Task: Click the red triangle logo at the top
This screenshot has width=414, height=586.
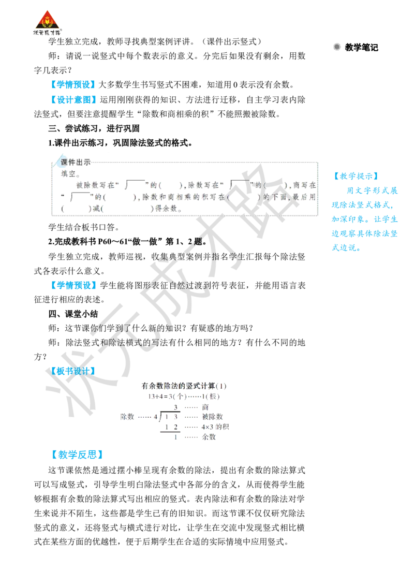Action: (x=47, y=20)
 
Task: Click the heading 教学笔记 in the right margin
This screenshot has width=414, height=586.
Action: (x=361, y=48)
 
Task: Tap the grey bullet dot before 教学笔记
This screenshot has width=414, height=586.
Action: (x=337, y=47)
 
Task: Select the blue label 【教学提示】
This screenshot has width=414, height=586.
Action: (x=356, y=176)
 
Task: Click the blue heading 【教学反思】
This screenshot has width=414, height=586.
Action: (x=77, y=455)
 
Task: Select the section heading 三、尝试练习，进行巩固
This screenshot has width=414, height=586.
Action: (x=94, y=128)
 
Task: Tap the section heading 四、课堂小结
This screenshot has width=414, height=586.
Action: (x=73, y=314)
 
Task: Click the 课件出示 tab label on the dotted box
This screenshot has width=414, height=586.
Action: (x=76, y=162)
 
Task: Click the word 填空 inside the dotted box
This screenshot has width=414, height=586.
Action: (x=68, y=174)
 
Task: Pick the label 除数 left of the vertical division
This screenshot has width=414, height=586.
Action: (x=127, y=417)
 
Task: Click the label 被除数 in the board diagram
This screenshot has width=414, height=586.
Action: (x=212, y=417)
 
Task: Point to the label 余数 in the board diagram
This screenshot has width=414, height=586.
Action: (x=209, y=437)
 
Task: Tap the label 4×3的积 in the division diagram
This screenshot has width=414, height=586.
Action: (x=215, y=427)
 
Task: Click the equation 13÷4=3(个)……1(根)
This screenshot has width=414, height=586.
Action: (x=184, y=396)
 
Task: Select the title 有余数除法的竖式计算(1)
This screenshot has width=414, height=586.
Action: (x=184, y=386)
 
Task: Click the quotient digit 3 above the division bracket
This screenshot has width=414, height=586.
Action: (x=175, y=407)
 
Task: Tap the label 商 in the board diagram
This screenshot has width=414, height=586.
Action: (x=205, y=407)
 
